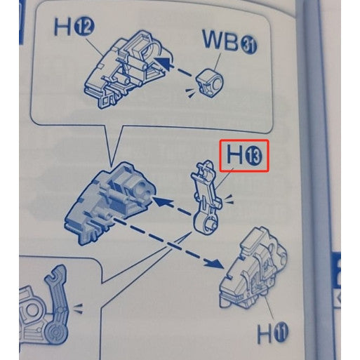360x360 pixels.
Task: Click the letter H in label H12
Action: click(x=62, y=27)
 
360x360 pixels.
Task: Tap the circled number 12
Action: click(x=84, y=28)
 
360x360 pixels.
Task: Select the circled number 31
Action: click(x=248, y=46)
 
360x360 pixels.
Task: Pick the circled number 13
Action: click(x=254, y=157)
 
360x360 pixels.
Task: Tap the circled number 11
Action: click(x=281, y=333)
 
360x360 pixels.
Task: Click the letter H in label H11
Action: click(x=265, y=334)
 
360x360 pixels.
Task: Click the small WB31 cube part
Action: click(x=209, y=81)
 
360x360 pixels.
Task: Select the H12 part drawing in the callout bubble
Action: click(x=128, y=69)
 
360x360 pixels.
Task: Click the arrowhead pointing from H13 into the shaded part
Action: click(x=161, y=201)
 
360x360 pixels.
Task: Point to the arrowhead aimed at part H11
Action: click(x=213, y=263)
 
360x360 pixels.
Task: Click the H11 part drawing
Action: click(x=253, y=268)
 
